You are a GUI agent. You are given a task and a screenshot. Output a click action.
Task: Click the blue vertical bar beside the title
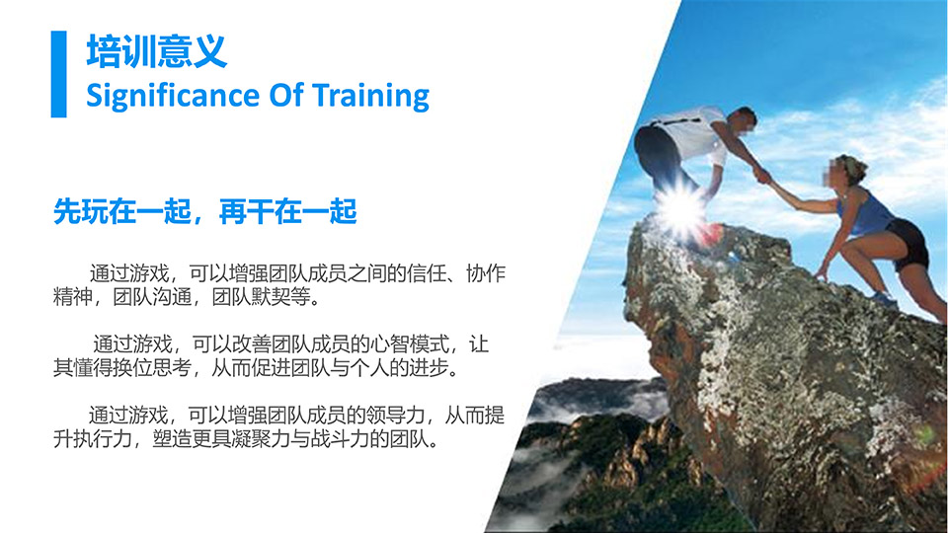point(58,74)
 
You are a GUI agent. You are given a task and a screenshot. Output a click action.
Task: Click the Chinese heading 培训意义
point(157,50)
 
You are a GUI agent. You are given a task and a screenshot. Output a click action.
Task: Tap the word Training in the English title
point(370,97)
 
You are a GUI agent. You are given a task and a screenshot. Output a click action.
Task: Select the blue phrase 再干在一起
point(287,211)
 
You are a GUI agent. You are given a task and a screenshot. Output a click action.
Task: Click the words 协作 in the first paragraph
point(486,273)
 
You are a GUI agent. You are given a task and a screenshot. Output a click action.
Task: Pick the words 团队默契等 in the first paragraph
point(261,297)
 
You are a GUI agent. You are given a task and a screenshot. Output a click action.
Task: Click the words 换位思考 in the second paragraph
point(152,367)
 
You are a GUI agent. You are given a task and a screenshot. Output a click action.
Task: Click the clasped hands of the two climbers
point(762,176)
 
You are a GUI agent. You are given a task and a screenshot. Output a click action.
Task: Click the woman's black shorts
point(908,242)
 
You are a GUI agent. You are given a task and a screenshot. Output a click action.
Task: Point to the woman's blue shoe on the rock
point(884,300)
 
